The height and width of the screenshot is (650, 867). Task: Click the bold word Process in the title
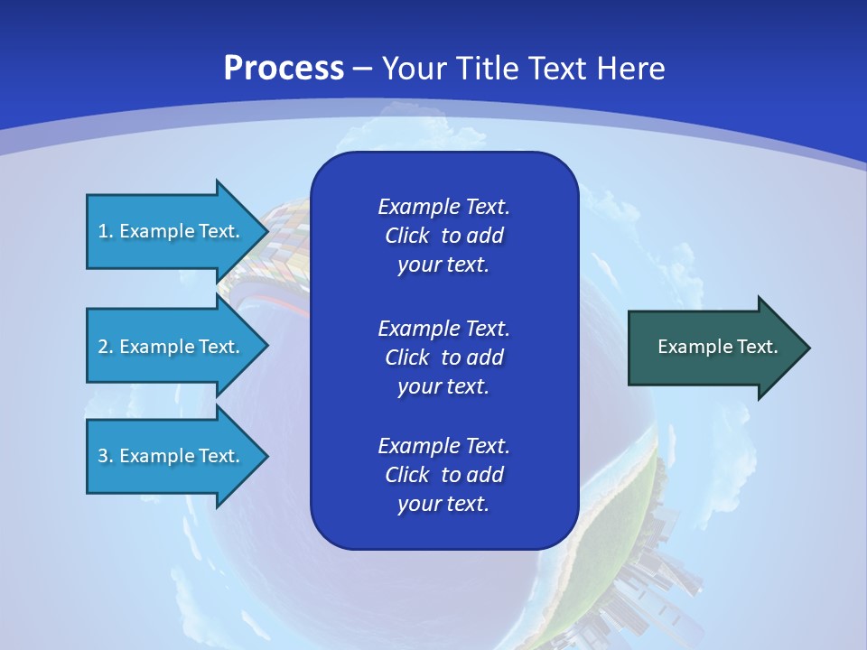pyautogui.click(x=284, y=68)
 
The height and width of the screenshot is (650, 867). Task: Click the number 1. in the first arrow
pyautogui.click(x=105, y=231)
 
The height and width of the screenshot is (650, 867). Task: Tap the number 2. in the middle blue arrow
pyautogui.click(x=105, y=347)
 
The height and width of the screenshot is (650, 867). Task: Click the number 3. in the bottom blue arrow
pyautogui.click(x=105, y=456)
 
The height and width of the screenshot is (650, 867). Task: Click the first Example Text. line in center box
pyautogui.click(x=443, y=207)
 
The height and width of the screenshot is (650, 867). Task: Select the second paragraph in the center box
pyautogui.click(x=443, y=357)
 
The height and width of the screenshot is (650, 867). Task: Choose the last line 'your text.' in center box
pyautogui.click(x=443, y=504)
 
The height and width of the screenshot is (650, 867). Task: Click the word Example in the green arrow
pyautogui.click(x=689, y=347)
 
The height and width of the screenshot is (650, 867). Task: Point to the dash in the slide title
pyautogui.click(x=363, y=69)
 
